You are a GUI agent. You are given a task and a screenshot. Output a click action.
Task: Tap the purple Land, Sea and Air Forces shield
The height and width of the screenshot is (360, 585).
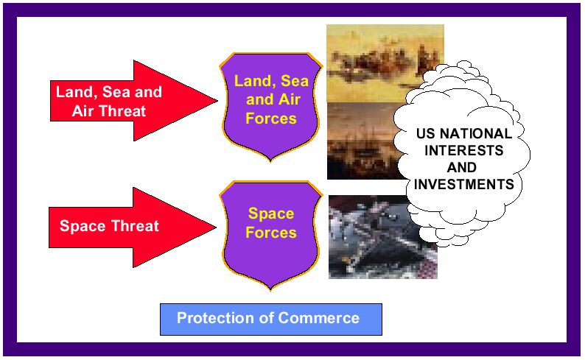271,107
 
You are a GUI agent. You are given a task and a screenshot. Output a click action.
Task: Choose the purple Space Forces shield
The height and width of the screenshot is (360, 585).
271,235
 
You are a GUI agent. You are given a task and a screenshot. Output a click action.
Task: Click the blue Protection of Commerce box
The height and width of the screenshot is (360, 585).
271,320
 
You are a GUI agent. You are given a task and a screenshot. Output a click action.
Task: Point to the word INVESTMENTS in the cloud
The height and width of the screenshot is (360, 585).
463,184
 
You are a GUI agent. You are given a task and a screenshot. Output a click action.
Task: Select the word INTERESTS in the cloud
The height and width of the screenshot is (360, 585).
463,151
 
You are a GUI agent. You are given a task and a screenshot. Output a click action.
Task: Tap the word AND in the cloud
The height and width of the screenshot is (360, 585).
462,167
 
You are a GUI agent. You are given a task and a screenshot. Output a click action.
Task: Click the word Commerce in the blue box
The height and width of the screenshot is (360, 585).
318,318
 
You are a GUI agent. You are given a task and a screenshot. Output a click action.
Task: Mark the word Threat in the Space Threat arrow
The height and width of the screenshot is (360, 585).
135,226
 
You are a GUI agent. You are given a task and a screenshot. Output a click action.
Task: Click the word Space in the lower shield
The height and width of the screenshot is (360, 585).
271,214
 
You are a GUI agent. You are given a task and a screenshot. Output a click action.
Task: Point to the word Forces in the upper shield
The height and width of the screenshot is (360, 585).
271,119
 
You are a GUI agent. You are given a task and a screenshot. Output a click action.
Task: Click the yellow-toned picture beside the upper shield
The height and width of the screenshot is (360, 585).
385,63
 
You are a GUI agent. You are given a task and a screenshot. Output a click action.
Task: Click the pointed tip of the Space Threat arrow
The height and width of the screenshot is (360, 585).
216,227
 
